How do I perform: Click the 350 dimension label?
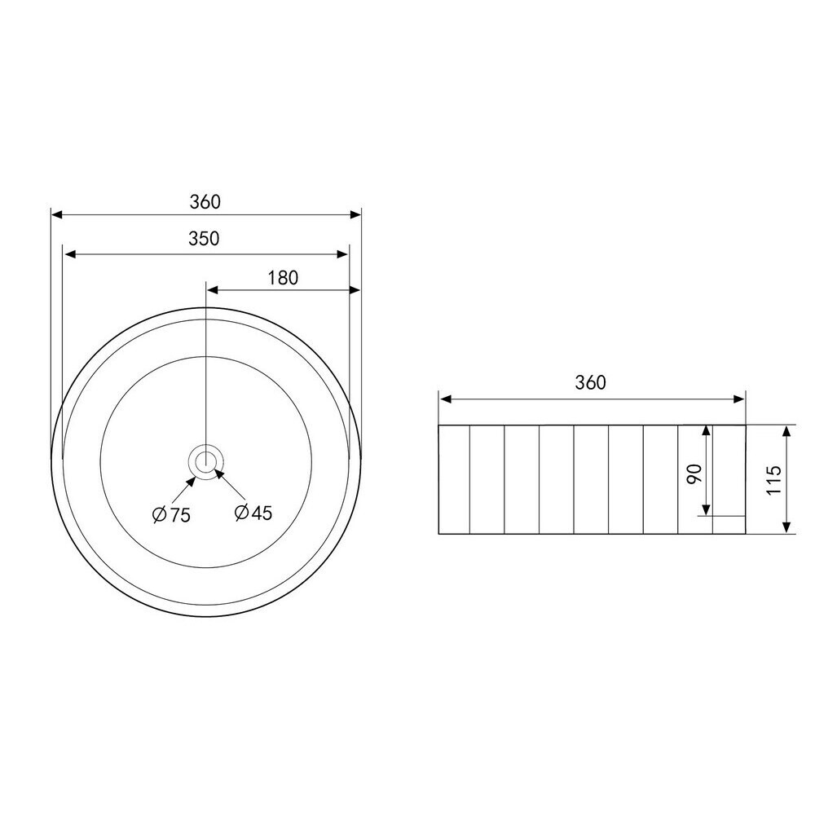pos(204,239)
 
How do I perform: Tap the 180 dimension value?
pos(284,278)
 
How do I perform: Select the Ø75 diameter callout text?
pos(171,514)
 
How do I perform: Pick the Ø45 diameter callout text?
pos(253,513)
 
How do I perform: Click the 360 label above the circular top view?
pos(205,201)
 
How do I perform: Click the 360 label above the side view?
pos(590,382)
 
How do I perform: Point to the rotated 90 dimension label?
pos(694,474)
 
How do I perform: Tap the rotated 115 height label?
pos(774,480)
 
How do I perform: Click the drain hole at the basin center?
pos(206,461)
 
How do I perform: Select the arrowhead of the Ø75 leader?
pos(192,480)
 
